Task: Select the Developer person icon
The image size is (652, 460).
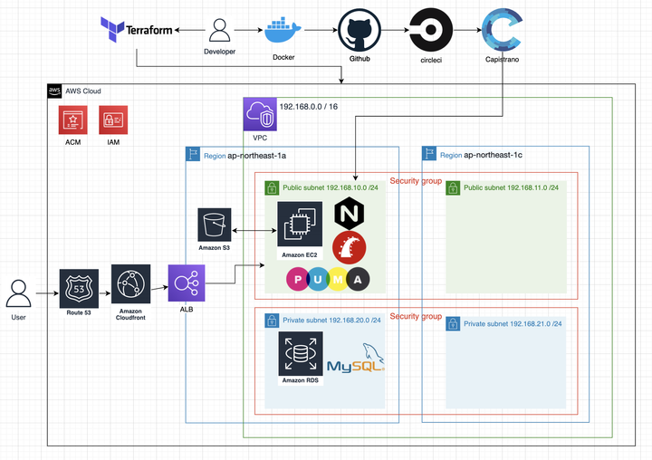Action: tap(220, 31)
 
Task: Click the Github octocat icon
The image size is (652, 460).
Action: tap(360, 33)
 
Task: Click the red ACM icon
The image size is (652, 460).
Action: tap(73, 120)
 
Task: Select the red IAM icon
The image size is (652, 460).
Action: tap(113, 120)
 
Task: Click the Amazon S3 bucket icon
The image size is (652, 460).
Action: tap(215, 225)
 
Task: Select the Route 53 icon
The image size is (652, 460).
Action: tap(78, 288)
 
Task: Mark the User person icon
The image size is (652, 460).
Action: tap(18, 295)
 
